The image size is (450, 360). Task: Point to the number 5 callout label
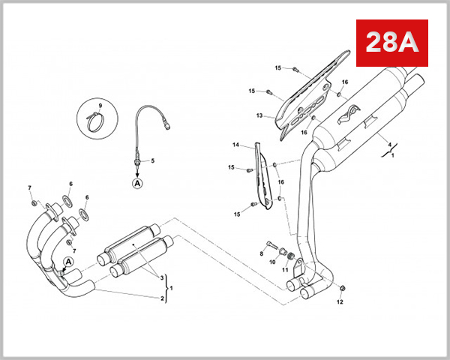pos(152,160)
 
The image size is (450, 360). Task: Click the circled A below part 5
pos(137,182)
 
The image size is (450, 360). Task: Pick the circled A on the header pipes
pos(68,261)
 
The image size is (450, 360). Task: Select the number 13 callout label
pos(259,116)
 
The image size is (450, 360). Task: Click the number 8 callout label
pos(262,253)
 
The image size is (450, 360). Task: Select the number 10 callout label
pos(272,262)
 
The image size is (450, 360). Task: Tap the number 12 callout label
pos(340,302)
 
